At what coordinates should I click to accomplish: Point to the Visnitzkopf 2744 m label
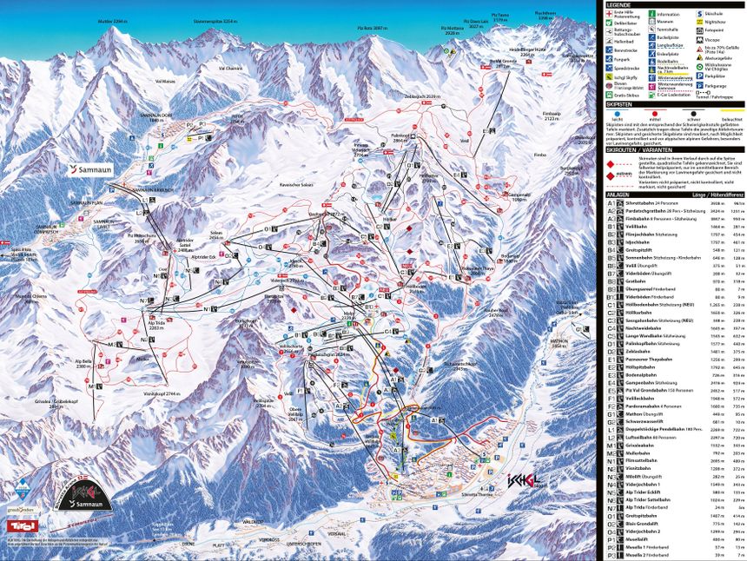click(x=161, y=394)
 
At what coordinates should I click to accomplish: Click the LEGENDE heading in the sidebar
click(x=622, y=4)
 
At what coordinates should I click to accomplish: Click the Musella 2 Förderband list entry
click(x=646, y=555)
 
